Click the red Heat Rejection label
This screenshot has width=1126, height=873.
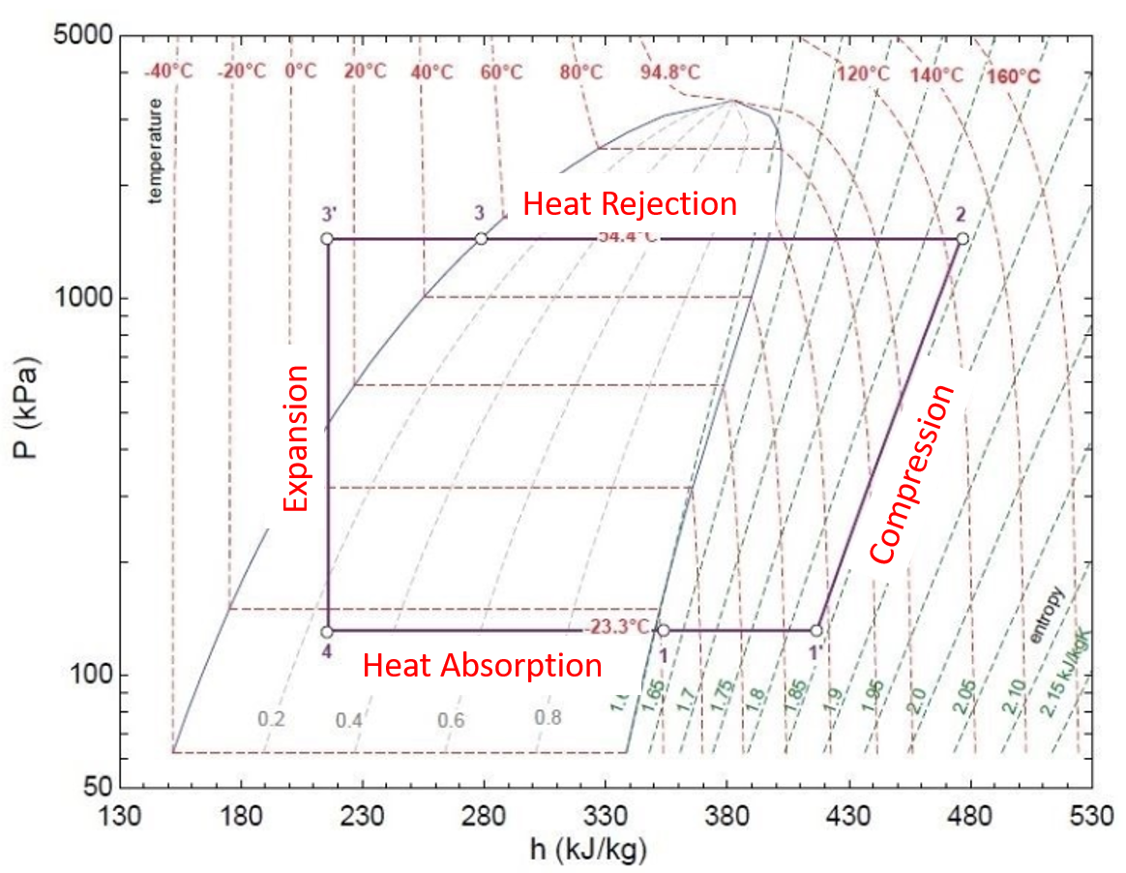coord(630,204)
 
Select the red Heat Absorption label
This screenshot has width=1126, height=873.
coord(482,666)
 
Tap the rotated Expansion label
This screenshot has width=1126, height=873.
coord(296,438)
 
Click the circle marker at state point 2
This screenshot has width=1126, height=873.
coord(962,238)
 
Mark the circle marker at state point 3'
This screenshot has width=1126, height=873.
coord(327,238)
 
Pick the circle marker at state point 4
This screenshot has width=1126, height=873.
coord(327,631)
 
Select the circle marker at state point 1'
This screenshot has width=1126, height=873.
coord(816,631)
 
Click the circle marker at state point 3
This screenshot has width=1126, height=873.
coord(481,238)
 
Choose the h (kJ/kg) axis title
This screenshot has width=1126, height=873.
coord(588,852)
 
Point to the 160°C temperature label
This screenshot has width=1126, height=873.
coord(1012,76)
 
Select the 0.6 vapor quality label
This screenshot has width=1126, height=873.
coord(451,720)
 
